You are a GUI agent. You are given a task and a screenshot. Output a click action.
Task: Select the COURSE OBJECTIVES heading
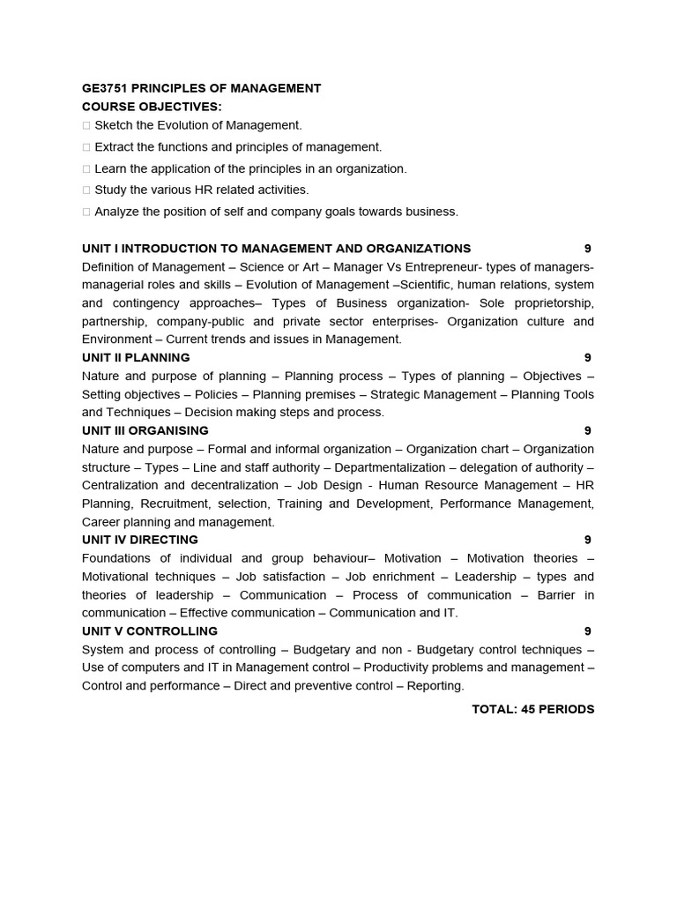(152, 107)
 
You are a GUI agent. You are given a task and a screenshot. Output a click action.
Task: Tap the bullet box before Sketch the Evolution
(86, 126)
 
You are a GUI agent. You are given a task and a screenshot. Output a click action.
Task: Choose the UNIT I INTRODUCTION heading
(276, 249)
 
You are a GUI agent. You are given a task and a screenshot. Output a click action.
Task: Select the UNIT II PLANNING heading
(136, 358)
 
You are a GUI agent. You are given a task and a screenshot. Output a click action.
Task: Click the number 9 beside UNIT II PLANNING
(587, 358)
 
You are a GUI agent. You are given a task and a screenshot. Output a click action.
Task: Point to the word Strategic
(398, 394)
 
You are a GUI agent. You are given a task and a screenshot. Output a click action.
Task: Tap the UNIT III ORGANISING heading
(145, 431)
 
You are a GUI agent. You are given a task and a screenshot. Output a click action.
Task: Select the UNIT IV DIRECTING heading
(140, 540)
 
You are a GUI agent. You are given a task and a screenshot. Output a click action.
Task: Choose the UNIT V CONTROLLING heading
(150, 631)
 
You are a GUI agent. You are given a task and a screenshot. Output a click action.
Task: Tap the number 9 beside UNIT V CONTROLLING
(587, 631)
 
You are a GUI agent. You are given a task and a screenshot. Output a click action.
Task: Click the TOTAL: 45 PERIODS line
(532, 709)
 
